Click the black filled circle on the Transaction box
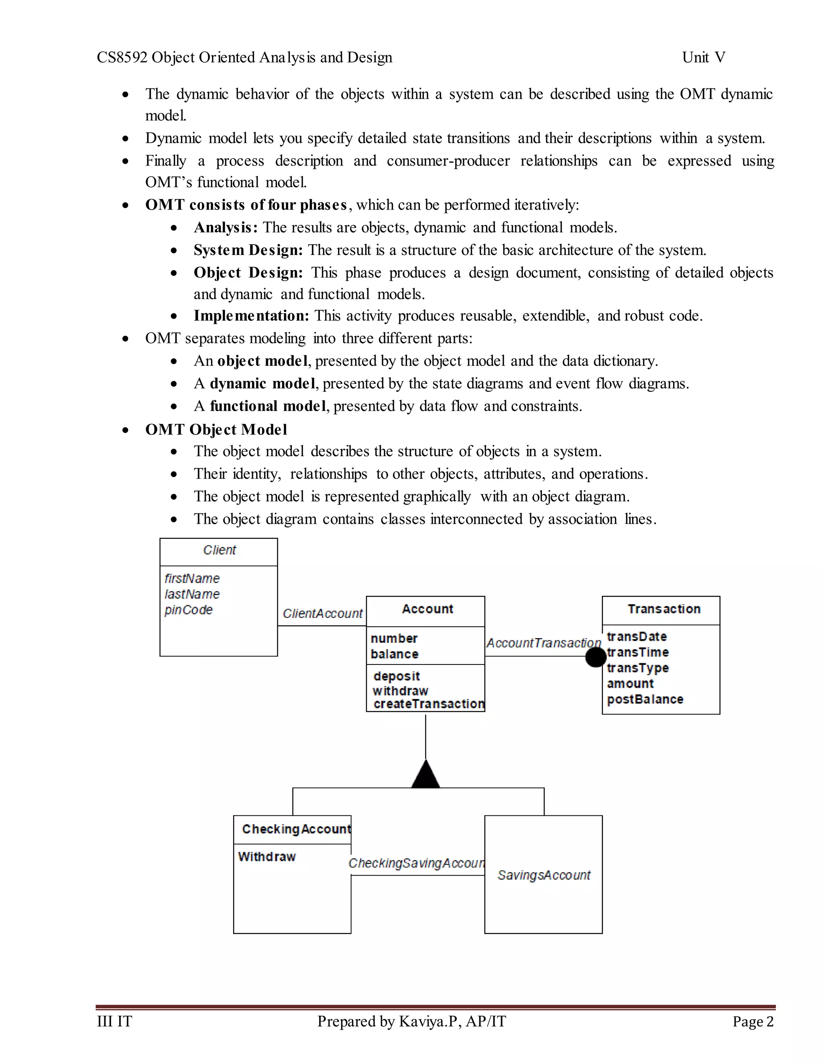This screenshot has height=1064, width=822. (595, 657)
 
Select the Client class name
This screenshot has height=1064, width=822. (219, 550)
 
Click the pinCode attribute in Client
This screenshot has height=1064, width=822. (189, 610)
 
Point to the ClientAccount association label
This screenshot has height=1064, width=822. (322, 614)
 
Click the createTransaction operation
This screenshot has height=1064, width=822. (429, 704)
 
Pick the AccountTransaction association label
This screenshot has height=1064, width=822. (543, 643)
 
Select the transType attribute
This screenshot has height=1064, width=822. (638, 668)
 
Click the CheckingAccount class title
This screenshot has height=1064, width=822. (297, 829)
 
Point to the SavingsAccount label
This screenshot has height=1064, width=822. (543, 875)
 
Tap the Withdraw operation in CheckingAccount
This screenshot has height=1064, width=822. (267, 856)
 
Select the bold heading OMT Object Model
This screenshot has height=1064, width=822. (216, 430)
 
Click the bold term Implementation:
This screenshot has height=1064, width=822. (251, 316)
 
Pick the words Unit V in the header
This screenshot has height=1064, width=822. (704, 57)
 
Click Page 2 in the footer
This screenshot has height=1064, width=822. (753, 1021)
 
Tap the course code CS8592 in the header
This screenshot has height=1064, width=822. (122, 57)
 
